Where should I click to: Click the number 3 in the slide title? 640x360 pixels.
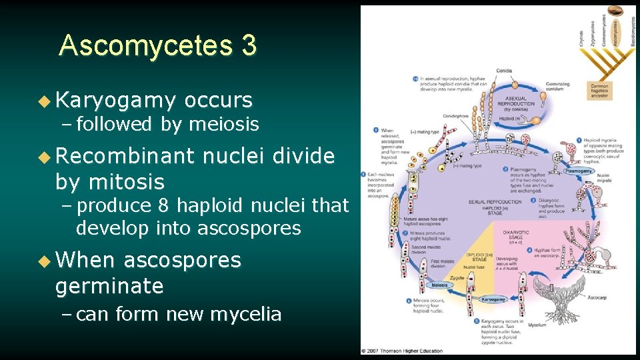248,45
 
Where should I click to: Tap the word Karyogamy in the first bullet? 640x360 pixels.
116,101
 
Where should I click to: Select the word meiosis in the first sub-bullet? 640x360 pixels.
224,124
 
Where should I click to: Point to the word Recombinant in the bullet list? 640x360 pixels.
125,156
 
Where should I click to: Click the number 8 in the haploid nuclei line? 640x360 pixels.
157,206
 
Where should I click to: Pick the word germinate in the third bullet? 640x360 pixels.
109,286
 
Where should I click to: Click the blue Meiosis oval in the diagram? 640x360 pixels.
439,285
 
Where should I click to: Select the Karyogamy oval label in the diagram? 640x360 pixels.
494,300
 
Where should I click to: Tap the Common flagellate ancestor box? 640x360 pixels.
599,90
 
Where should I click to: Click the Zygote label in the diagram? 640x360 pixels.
457,277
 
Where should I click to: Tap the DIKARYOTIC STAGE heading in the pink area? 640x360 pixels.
517,235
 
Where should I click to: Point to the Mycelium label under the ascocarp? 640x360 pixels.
537,325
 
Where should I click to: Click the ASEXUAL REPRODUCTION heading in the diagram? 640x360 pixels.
515,104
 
